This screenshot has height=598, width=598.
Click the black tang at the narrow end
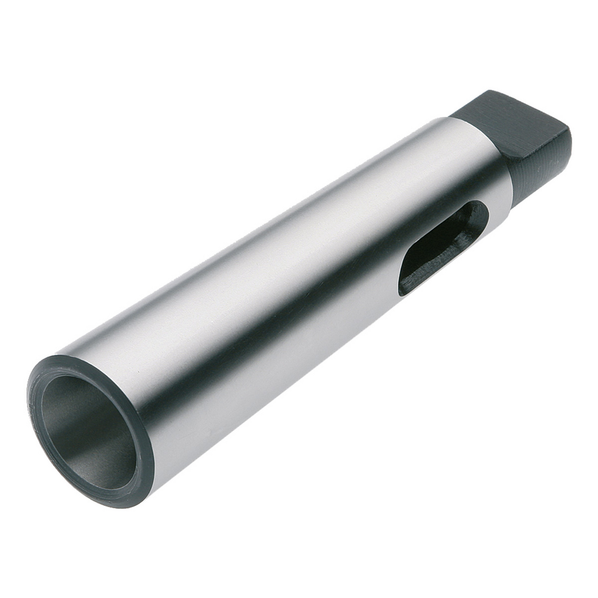526,144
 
